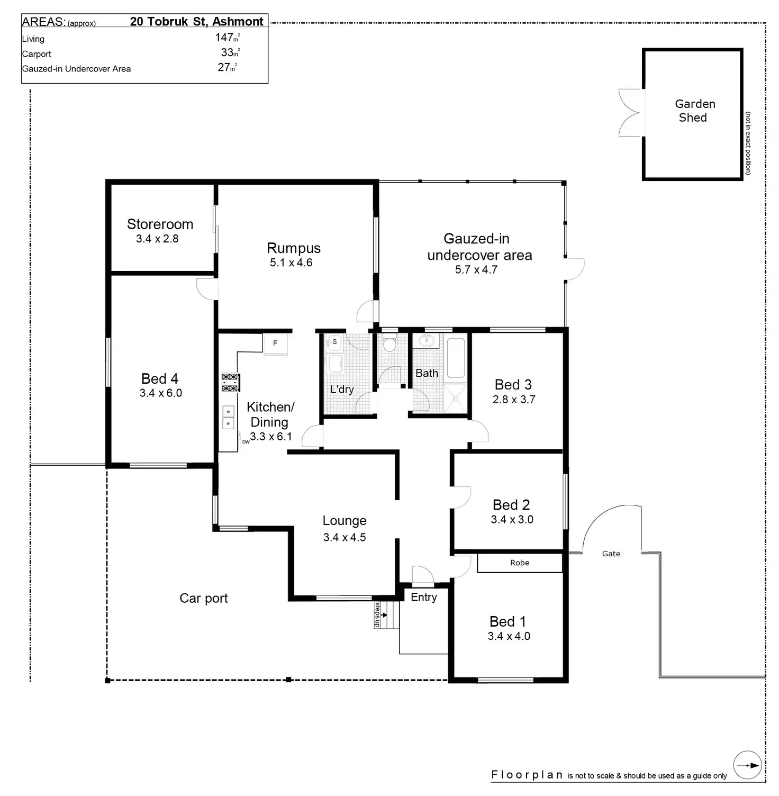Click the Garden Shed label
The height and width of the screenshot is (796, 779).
click(x=694, y=111)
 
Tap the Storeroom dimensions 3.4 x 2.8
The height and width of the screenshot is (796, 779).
click(x=157, y=239)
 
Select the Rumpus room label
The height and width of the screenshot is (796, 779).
click(x=294, y=248)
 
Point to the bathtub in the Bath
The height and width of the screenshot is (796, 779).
click(x=455, y=358)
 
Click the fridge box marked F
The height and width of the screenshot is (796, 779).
click(x=275, y=343)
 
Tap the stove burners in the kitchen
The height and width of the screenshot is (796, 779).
click(x=230, y=383)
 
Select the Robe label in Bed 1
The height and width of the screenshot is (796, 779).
click(x=520, y=563)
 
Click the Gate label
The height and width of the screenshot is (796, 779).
click(x=611, y=554)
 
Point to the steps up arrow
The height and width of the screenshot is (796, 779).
click(x=383, y=615)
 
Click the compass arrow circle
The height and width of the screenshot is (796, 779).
click(x=748, y=765)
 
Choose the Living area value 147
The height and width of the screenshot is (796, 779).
click(x=224, y=38)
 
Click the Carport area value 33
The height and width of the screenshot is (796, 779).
click(x=228, y=52)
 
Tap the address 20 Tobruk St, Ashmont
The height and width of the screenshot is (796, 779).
click(x=196, y=22)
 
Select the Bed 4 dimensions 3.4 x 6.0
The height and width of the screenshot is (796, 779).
click(x=161, y=393)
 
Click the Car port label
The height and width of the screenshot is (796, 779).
click(x=204, y=598)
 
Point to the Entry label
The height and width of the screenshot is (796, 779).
click(x=424, y=597)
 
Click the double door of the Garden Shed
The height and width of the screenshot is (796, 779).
click(x=631, y=113)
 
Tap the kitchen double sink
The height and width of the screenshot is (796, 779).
click(x=228, y=417)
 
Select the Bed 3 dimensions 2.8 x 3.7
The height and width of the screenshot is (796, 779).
click(x=514, y=400)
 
